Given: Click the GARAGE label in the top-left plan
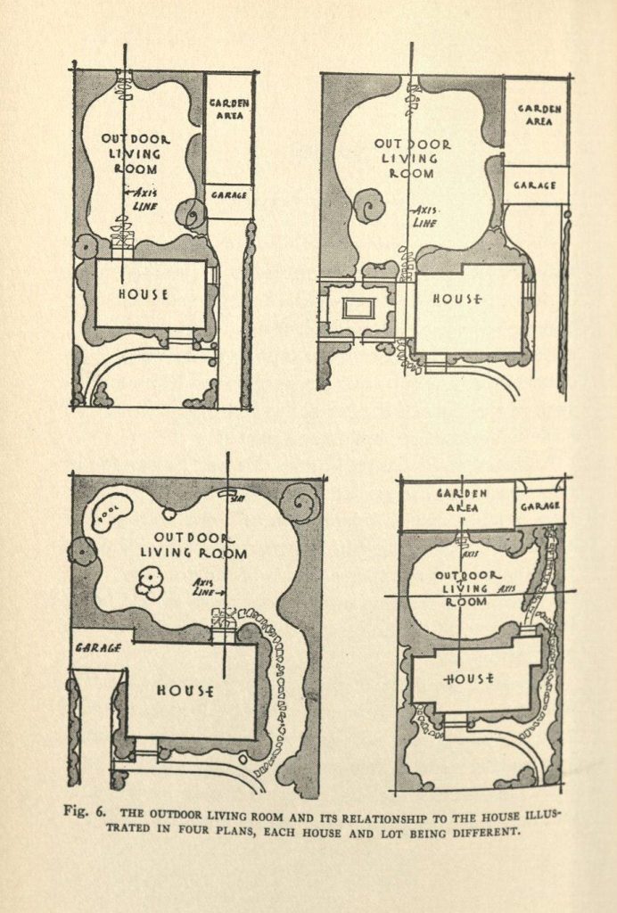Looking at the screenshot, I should (x=229, y=194).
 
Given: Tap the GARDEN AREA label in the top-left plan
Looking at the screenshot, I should (x=229, y=109).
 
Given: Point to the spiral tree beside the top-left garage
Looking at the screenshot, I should (x=191, y=214).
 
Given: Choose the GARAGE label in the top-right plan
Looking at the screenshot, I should (x=536, y=185).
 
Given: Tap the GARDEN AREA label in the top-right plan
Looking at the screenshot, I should (x=539, y=115).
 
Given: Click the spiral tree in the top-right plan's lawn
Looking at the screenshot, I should (x=368, y=206).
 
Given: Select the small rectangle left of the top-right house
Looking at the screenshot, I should (x=358, y=308).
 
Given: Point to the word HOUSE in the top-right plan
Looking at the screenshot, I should (x=457, y=300).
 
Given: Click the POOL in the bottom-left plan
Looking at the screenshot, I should (x=111, y=513).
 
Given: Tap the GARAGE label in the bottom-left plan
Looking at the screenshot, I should (x=98, y=648).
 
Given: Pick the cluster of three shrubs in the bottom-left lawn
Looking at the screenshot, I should (x=149, y=585).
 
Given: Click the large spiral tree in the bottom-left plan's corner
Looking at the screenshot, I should (x=300, y=503).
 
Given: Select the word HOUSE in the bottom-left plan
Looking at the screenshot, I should (x=185, y=690).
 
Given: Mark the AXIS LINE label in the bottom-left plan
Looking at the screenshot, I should (x=207, y=588).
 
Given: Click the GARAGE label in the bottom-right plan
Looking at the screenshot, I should (x=539, y=506).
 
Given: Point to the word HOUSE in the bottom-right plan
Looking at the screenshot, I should (x=469, y=679).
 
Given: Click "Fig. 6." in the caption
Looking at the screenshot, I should (x=87, y=813).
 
